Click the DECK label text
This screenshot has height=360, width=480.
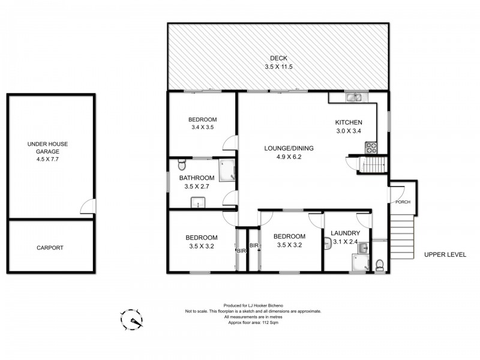[x=278, y=58]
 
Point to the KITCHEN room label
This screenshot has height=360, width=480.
[x=349, y=123]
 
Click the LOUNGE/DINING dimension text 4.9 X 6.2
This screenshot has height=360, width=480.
[x=289, y=157]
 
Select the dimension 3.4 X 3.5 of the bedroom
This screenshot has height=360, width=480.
[x=203, y=127]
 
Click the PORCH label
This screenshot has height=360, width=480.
[x=403, y=202]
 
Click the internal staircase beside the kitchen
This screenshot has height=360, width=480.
[x=374, y=163]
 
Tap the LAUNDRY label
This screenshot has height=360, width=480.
[x=346, y=233]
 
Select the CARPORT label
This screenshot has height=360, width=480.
[x=50, y=248]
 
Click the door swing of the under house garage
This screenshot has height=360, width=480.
[x=88, y=207]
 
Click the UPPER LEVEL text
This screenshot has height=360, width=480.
[x=445, y=254]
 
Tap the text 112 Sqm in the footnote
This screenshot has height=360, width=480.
[x=269, y=323]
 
